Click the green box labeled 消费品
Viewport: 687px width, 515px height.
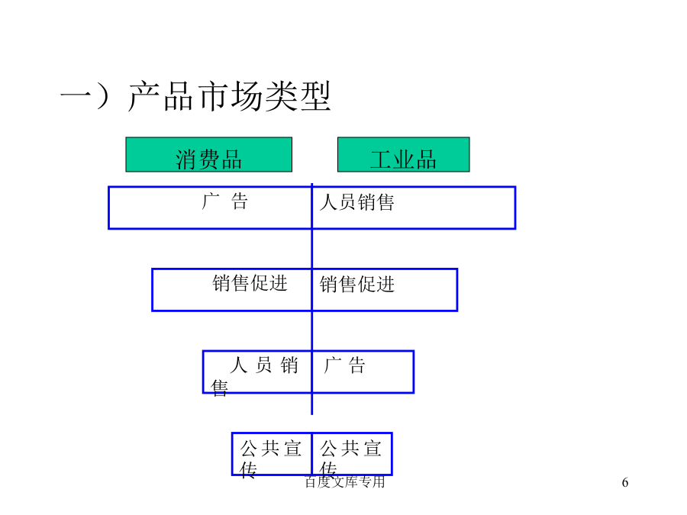209,155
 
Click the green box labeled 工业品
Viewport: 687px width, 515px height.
404,155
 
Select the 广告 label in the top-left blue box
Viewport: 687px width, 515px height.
224,201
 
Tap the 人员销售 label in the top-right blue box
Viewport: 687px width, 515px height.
357,202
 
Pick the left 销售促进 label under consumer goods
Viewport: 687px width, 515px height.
250,283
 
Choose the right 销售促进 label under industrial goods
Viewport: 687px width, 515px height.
357,285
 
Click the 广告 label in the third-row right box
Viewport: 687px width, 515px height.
344,365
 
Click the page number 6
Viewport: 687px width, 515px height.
625,482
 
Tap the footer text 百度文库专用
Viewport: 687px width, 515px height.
345,481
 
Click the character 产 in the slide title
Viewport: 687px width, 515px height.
144,96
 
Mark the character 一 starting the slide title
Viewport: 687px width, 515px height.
76,95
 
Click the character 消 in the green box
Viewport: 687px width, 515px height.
186,159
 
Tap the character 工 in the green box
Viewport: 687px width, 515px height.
381,159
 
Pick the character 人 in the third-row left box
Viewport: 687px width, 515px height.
239,365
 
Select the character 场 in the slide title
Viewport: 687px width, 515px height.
247,96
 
